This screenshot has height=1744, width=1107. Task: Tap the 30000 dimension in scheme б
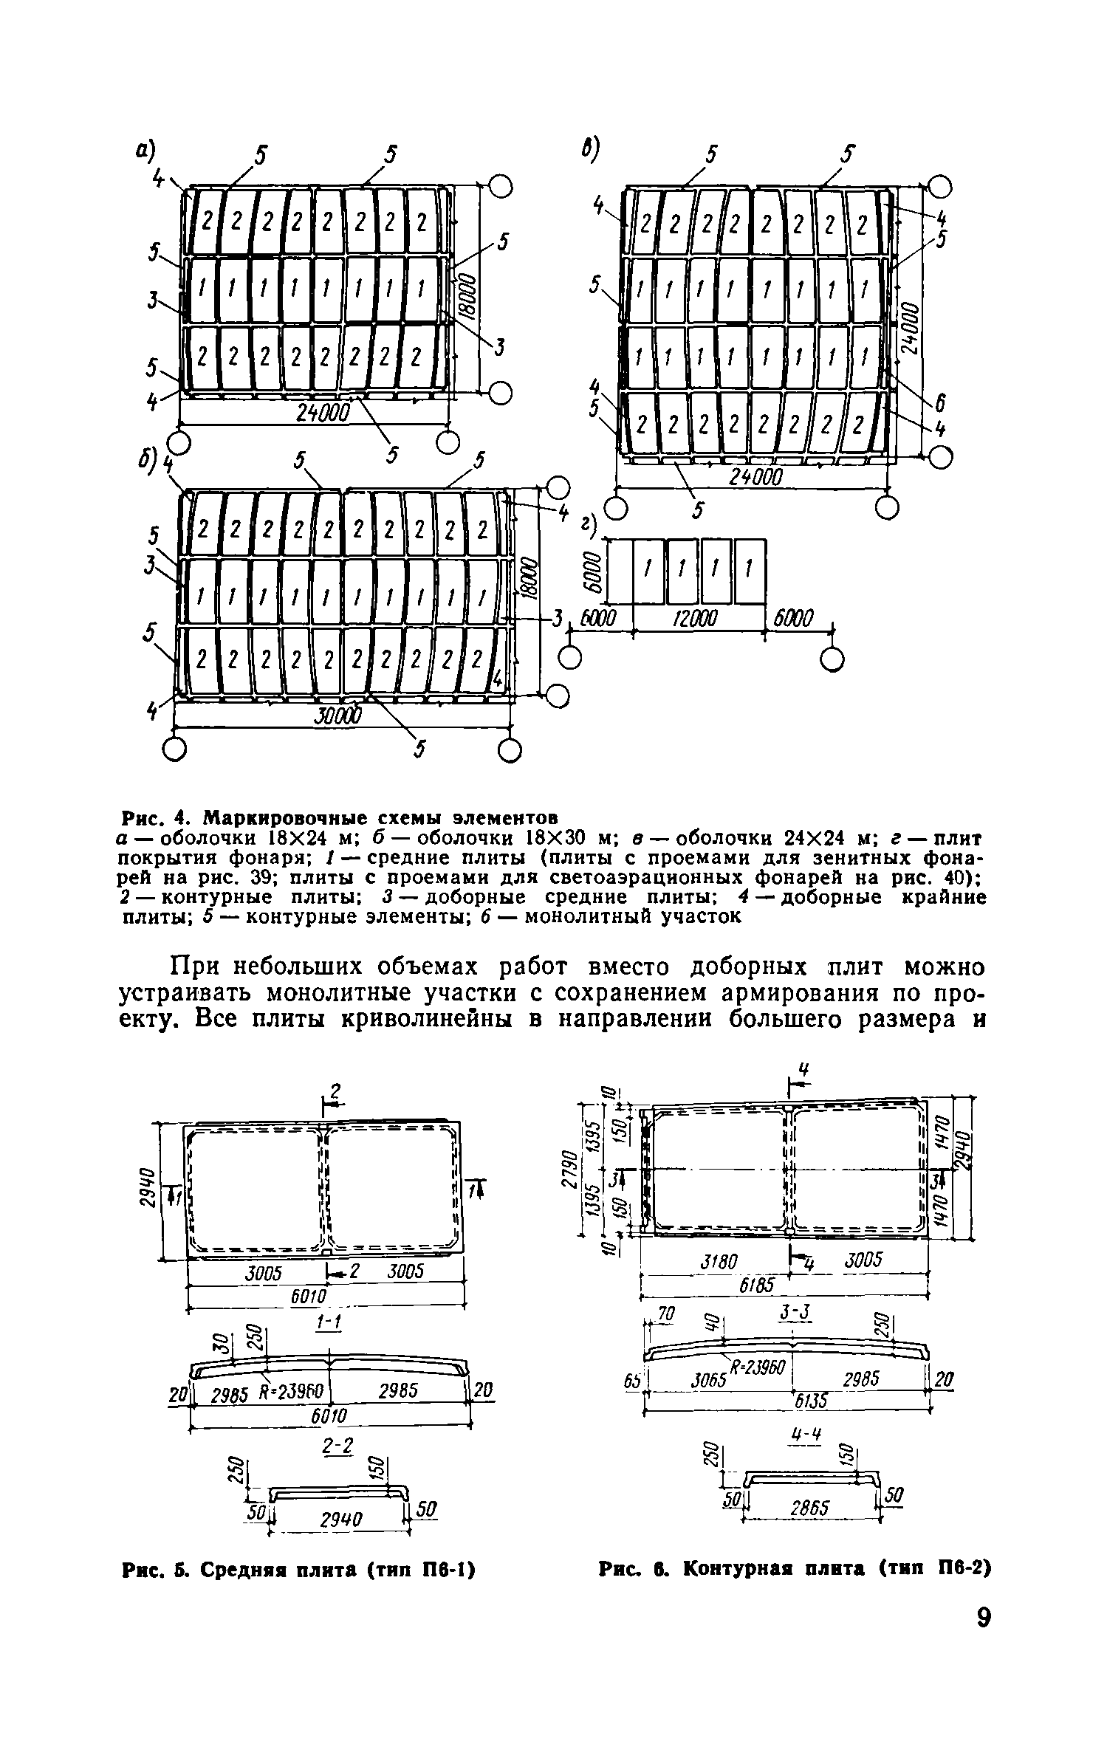point(338,715)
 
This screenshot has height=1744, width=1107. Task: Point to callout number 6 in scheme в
point(939,403)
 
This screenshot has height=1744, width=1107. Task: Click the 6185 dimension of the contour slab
point(758,1285)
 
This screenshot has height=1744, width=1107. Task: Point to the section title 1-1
point(326,1322)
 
